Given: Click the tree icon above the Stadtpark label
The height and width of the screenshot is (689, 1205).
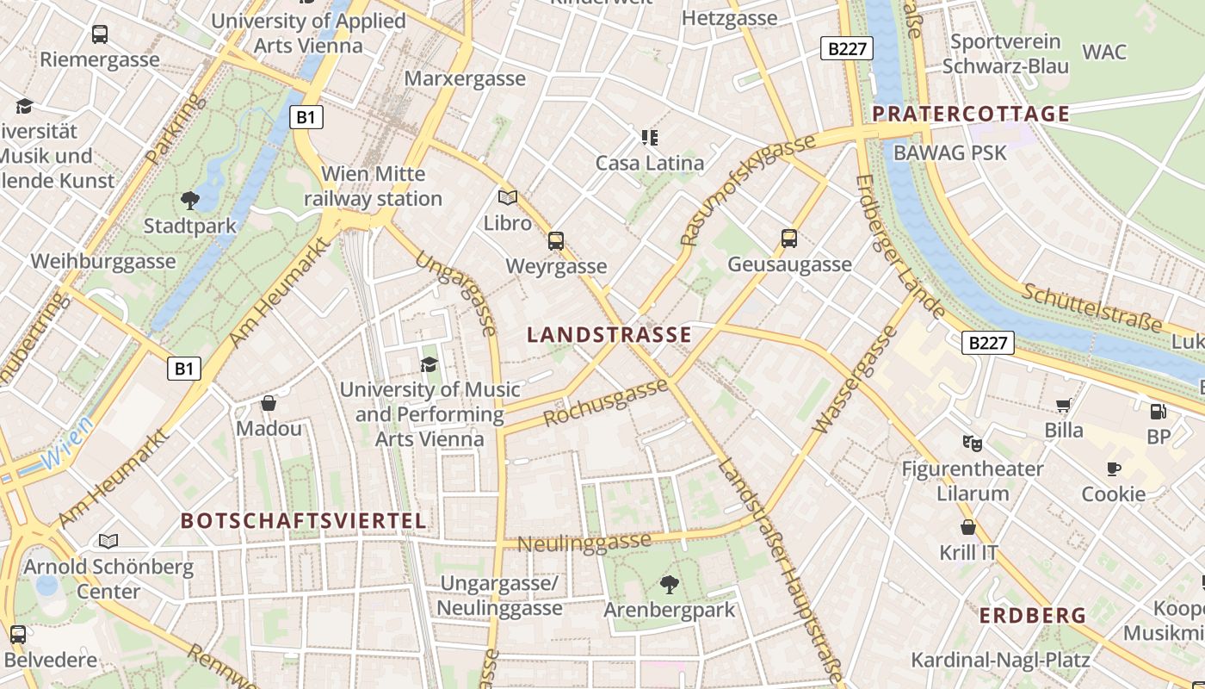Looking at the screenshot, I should coord(190,201).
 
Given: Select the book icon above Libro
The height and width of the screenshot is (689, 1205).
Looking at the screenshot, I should coord(508,198).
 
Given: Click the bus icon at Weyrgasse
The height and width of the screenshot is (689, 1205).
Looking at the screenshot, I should coord(556,241).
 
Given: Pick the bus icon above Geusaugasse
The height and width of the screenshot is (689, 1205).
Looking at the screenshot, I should coord(789,239).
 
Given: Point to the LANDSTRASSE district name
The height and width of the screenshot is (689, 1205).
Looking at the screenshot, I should coord(609,335).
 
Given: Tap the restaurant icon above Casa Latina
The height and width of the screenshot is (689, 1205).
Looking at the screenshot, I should coord(650,138).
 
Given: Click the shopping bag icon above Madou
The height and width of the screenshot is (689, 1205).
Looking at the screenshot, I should coord(269,403).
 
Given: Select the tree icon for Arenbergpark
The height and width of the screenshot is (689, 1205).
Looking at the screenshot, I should coord(669,585).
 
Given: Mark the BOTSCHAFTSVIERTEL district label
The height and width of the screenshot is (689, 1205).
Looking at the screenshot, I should coord(304,521).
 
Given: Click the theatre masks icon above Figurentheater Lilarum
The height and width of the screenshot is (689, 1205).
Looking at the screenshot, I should coord(973,444).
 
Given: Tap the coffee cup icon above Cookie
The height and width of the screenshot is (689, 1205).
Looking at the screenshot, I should coord(1114,469).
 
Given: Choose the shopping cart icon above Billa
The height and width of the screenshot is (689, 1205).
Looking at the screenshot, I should coord(1064,405).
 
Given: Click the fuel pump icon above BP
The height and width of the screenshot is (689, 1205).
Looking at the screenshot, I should coord(1159,412).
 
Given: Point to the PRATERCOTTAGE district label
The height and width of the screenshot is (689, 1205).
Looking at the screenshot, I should coord(971,114).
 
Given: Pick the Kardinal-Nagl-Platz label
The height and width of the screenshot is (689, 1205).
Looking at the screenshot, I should coord(1000,661).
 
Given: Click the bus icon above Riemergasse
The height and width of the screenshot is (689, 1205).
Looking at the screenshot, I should coord(100,34).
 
